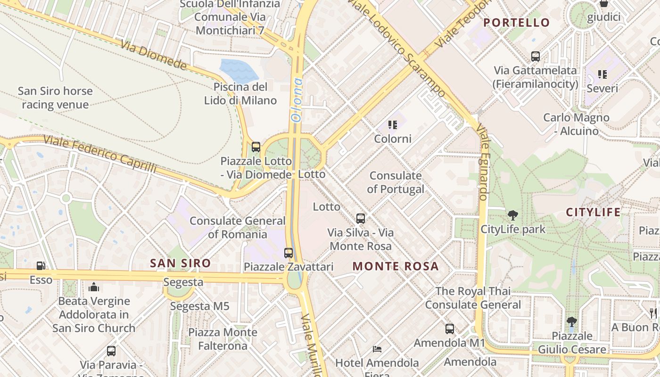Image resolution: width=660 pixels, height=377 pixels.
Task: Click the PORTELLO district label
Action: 517,23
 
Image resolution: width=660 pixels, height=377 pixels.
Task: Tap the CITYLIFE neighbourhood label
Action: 593,212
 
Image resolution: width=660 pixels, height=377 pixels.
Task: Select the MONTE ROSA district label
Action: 396,266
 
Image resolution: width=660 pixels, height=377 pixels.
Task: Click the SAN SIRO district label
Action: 180,263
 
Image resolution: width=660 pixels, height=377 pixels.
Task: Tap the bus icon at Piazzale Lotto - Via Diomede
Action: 256,147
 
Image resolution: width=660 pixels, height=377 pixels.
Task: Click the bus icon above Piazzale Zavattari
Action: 289,253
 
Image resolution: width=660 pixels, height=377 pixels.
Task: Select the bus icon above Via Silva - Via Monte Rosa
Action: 361,219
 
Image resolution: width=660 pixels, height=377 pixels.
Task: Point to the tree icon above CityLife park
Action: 513,216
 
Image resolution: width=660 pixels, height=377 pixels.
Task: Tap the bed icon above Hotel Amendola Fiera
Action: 377,349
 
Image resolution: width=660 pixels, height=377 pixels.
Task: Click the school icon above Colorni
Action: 392,125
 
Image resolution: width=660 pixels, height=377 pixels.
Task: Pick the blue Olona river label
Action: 297,100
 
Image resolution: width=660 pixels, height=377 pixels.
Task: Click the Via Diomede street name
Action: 154,55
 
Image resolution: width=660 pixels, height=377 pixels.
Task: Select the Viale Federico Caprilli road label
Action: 99,154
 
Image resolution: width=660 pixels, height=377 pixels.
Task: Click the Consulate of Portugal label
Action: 396,182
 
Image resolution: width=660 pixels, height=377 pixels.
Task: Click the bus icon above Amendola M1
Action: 450,329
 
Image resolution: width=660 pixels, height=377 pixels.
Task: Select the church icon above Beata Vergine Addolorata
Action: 94,287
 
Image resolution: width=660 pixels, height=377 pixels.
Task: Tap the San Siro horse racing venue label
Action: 55,98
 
